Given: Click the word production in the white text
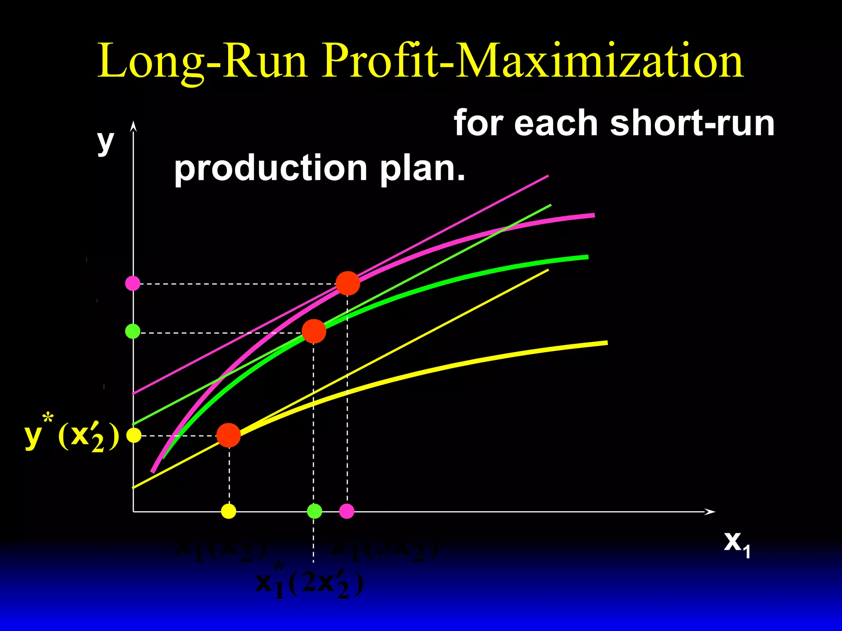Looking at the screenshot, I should point(271,168).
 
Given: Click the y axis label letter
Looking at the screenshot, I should point(105,141).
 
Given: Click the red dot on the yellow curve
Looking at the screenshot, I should point(229,435).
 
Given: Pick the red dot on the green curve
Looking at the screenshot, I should point(314,331).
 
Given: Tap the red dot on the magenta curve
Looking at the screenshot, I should point(348,283).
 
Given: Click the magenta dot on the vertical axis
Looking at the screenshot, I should point(133,283).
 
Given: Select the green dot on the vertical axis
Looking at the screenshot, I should point(133,331).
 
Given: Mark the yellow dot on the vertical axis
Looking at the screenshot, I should point(134,435).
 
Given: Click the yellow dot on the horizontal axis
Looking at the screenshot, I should point(229,511).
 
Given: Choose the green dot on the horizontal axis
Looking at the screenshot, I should point(315,511).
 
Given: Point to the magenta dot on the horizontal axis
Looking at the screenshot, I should point(347,511).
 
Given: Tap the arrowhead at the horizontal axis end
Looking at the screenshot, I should point(710,511).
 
